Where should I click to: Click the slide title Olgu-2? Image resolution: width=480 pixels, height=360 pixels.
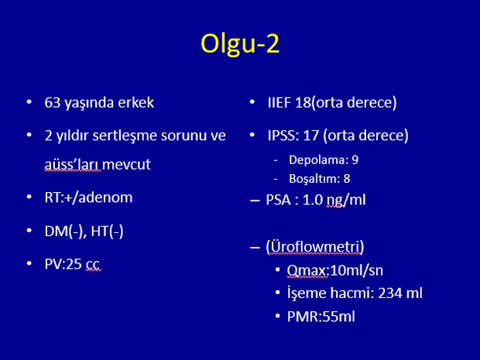coord(240,44)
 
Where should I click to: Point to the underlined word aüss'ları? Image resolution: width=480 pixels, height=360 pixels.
coord(72,165)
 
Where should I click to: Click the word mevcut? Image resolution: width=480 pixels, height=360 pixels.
coord(126,165)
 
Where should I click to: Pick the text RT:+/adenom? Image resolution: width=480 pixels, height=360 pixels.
coord(88,197)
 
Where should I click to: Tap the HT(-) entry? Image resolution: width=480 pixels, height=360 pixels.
coord(107,231)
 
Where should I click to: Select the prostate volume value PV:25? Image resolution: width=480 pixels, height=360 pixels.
coord(63,264)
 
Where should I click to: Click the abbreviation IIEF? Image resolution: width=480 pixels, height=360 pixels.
coord(279,102)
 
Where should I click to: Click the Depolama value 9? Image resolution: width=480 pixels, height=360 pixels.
coord(355,159)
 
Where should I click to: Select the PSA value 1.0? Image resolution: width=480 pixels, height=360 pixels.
coord(313,201)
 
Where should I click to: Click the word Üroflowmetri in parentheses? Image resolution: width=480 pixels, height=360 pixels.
coord(314,247)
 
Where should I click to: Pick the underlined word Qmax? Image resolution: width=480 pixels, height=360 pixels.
coord(307,271)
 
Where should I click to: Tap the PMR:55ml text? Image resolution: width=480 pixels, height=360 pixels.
coord(321,317)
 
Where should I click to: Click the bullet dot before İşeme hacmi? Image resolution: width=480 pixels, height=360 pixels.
coord(278,293)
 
